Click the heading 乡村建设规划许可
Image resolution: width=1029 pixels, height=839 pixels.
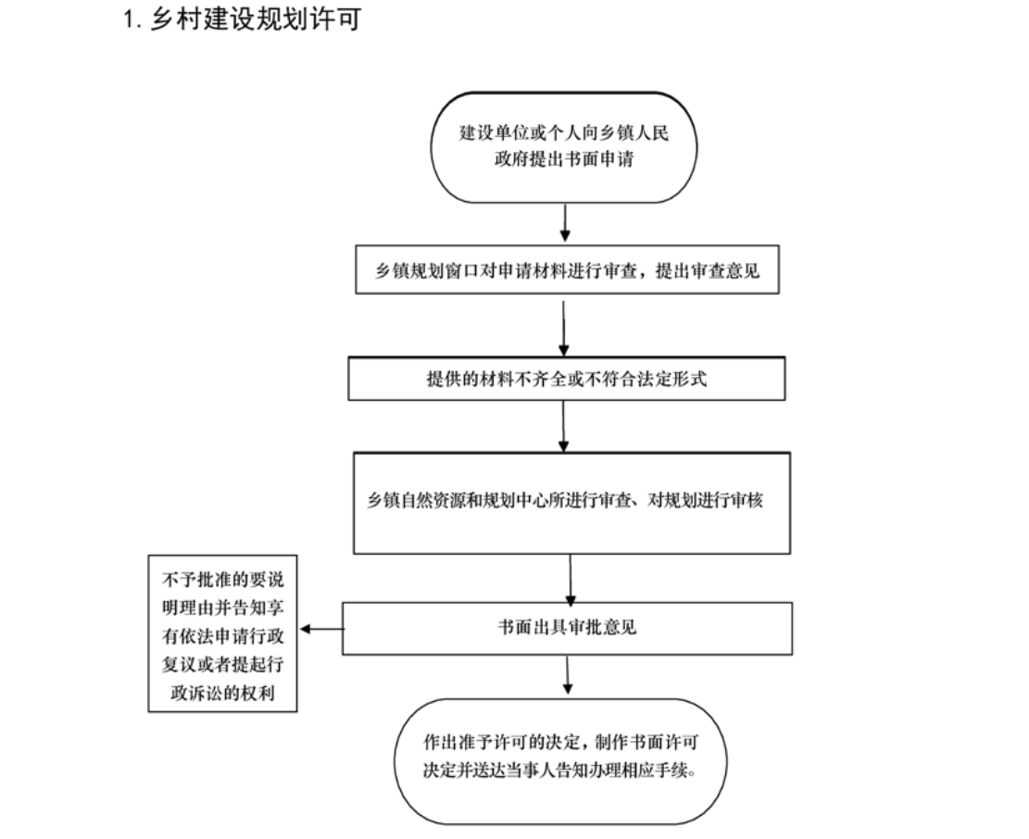(256, 19)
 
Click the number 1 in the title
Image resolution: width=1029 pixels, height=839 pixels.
(130, 19)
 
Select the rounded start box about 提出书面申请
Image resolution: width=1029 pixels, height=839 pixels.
(564, 147)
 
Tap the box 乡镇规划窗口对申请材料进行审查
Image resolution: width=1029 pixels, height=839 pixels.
(567, 269)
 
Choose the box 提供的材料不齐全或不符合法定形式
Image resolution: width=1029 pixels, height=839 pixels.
(566, 379)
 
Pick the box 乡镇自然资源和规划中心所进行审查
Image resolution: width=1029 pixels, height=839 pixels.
(571, 503)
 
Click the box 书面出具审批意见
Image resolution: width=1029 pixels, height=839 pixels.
(567, 629)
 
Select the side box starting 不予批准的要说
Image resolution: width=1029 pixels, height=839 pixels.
(222, 633)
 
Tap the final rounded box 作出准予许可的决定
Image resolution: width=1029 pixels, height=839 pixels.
(560, 761)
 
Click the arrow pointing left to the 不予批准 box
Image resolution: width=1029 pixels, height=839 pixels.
(321, 629)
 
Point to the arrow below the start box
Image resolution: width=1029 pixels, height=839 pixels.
(565, 223)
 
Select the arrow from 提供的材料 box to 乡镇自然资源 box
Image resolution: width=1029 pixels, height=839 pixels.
(563, 426)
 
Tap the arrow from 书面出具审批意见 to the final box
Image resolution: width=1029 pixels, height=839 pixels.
(567, 675)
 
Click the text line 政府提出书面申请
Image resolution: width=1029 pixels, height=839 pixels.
(564, 159)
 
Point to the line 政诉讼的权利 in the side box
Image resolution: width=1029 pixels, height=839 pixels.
(222, 693)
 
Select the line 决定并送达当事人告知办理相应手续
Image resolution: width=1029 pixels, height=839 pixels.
(559, 770)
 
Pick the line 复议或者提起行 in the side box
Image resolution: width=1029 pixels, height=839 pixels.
(222, 665)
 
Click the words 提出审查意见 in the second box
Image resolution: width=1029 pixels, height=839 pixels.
(708, 270)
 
